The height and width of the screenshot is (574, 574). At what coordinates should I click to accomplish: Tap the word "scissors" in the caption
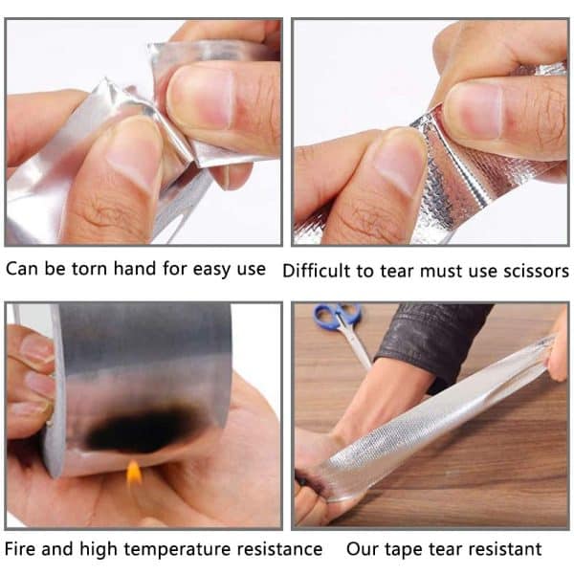pos(532,271)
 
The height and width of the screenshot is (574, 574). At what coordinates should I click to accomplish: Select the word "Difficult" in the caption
pos(318,271)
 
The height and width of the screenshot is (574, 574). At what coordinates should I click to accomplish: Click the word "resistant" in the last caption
pos(504,549)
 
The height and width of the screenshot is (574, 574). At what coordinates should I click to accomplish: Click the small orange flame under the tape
pos(134,472)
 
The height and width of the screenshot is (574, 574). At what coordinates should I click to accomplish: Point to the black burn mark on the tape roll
pos(143,430)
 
